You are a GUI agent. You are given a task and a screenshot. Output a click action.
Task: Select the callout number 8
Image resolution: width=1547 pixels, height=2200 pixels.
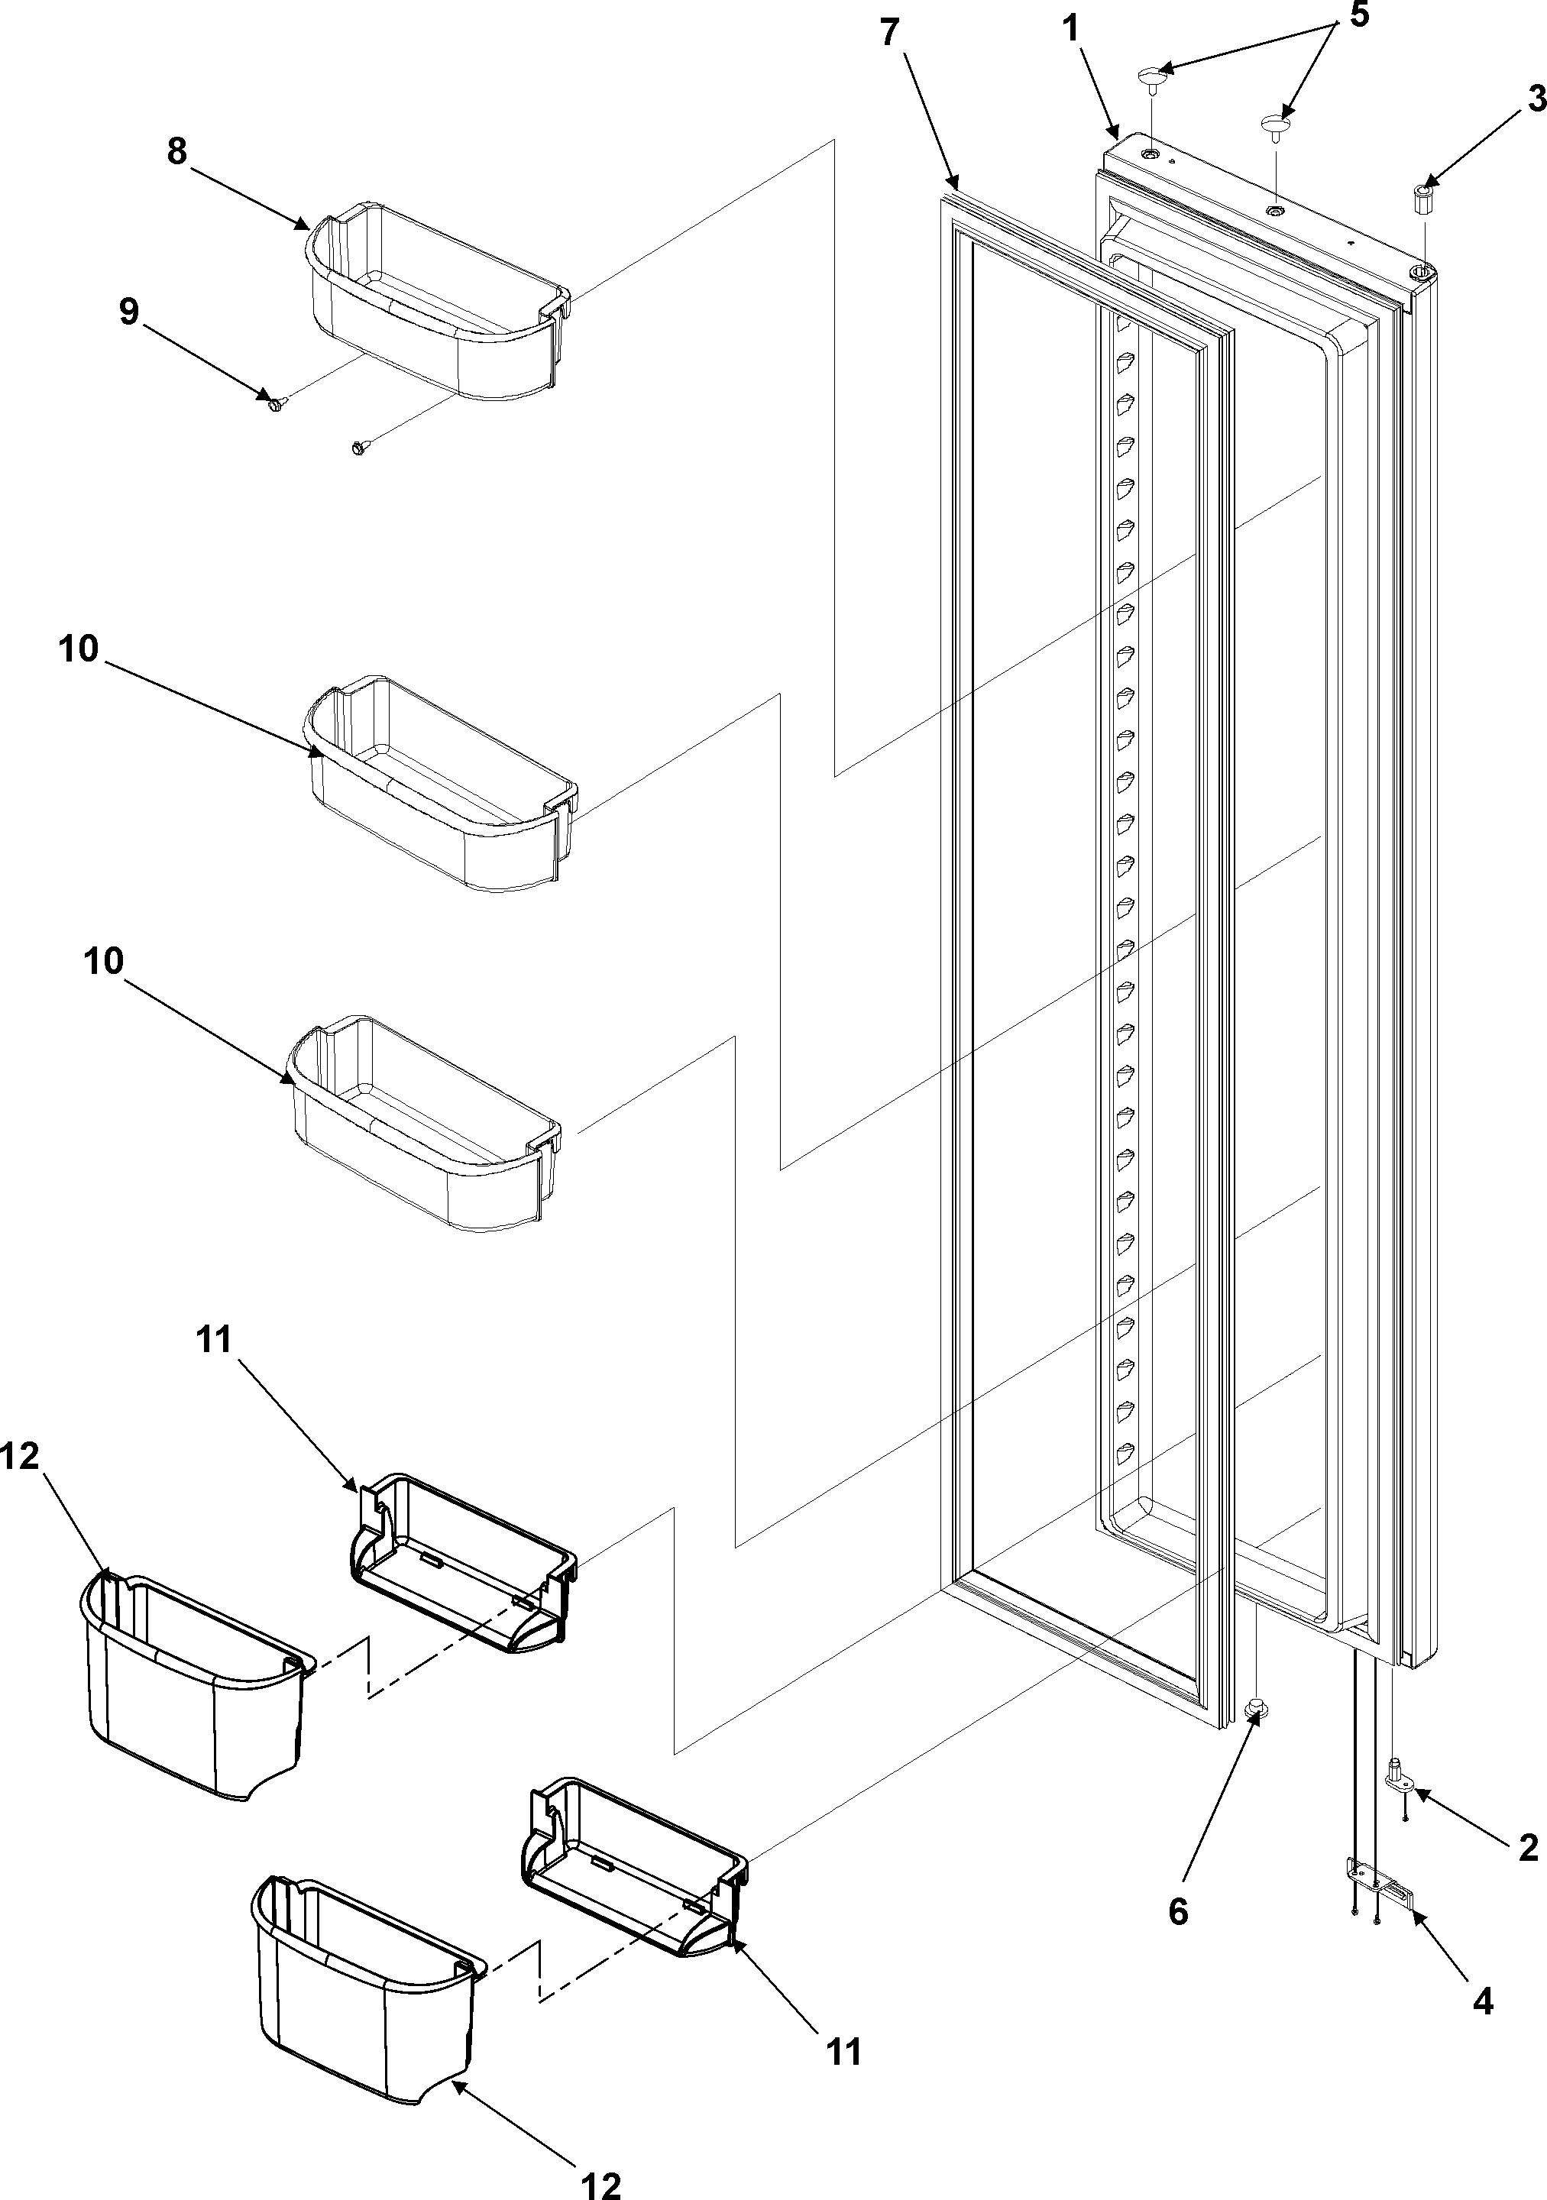tap(177, 151)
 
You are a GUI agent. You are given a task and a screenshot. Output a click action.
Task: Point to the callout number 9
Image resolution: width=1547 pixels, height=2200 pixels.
tap(128, 312)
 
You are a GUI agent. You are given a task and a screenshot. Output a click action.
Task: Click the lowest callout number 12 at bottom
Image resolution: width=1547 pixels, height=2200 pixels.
tap(601, 2178)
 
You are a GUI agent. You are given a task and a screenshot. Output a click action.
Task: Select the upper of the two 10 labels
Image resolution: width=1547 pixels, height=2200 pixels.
tap(79, 649)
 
